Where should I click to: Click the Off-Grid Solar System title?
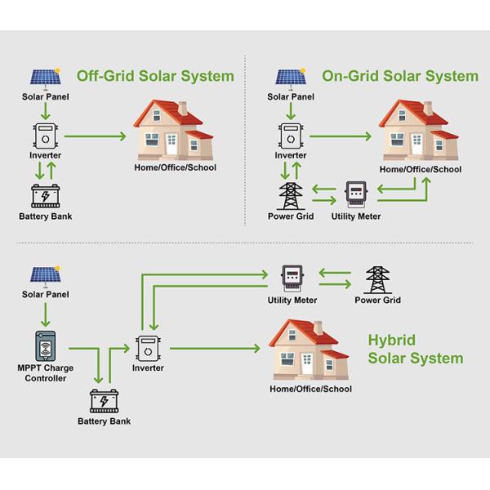click(155, 76)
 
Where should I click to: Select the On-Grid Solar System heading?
click(400, 76)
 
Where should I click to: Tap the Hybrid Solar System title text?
click(415, 350)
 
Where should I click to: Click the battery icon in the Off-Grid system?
click(45, 197)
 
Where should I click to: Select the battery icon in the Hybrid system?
click(104, 401)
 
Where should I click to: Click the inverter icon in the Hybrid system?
click(149, 347)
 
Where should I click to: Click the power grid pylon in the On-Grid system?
click(291, 196)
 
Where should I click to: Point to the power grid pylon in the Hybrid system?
click(377, 279)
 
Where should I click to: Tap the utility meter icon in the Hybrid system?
click(292, 278)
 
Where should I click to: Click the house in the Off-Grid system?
click(174, 131)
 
